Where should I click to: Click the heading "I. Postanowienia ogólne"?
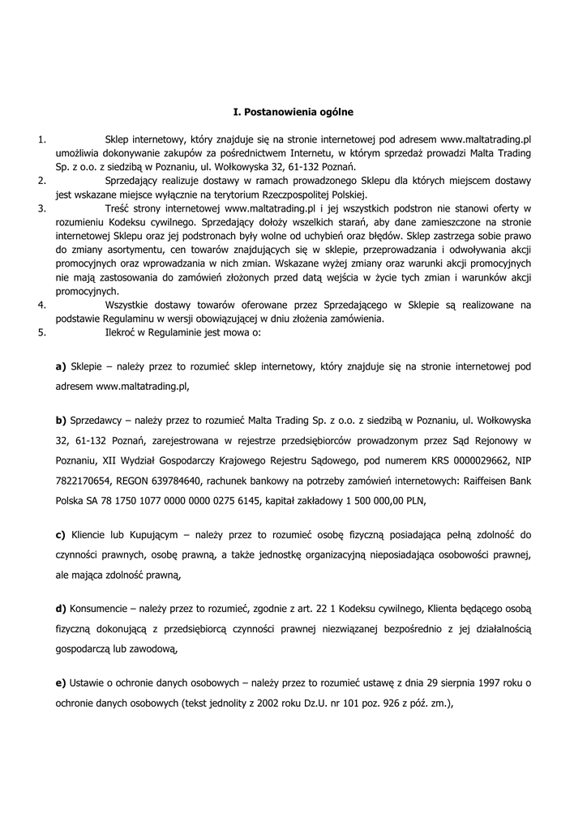coord(293,110)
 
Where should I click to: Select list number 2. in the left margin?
coord(41,181)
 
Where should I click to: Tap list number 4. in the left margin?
coord(41,305)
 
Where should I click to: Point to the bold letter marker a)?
coord(61,366)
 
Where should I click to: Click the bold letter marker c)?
coord(61,534)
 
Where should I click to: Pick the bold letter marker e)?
coord(61,682)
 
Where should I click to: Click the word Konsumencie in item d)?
coord(99,608)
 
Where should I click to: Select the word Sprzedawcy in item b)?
coord(98,419)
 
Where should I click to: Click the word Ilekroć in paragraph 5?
coord(122,332)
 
